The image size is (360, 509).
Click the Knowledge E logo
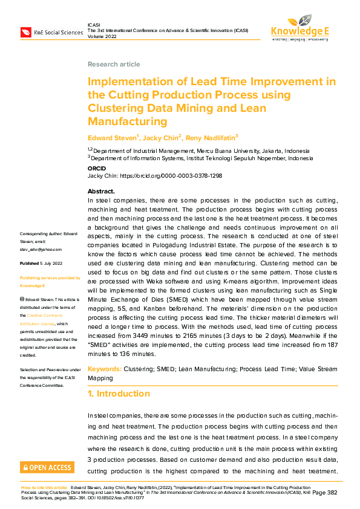299,28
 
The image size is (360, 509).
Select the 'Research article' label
114,64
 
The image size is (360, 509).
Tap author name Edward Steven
112,138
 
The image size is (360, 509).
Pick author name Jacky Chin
159,138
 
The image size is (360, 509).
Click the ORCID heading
97,169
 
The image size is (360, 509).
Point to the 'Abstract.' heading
101,192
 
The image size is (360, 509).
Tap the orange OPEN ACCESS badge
47,467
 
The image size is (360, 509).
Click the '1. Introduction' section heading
119,394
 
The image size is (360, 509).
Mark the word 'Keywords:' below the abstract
105,368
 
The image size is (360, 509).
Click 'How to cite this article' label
44,487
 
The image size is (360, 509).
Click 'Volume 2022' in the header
103,35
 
